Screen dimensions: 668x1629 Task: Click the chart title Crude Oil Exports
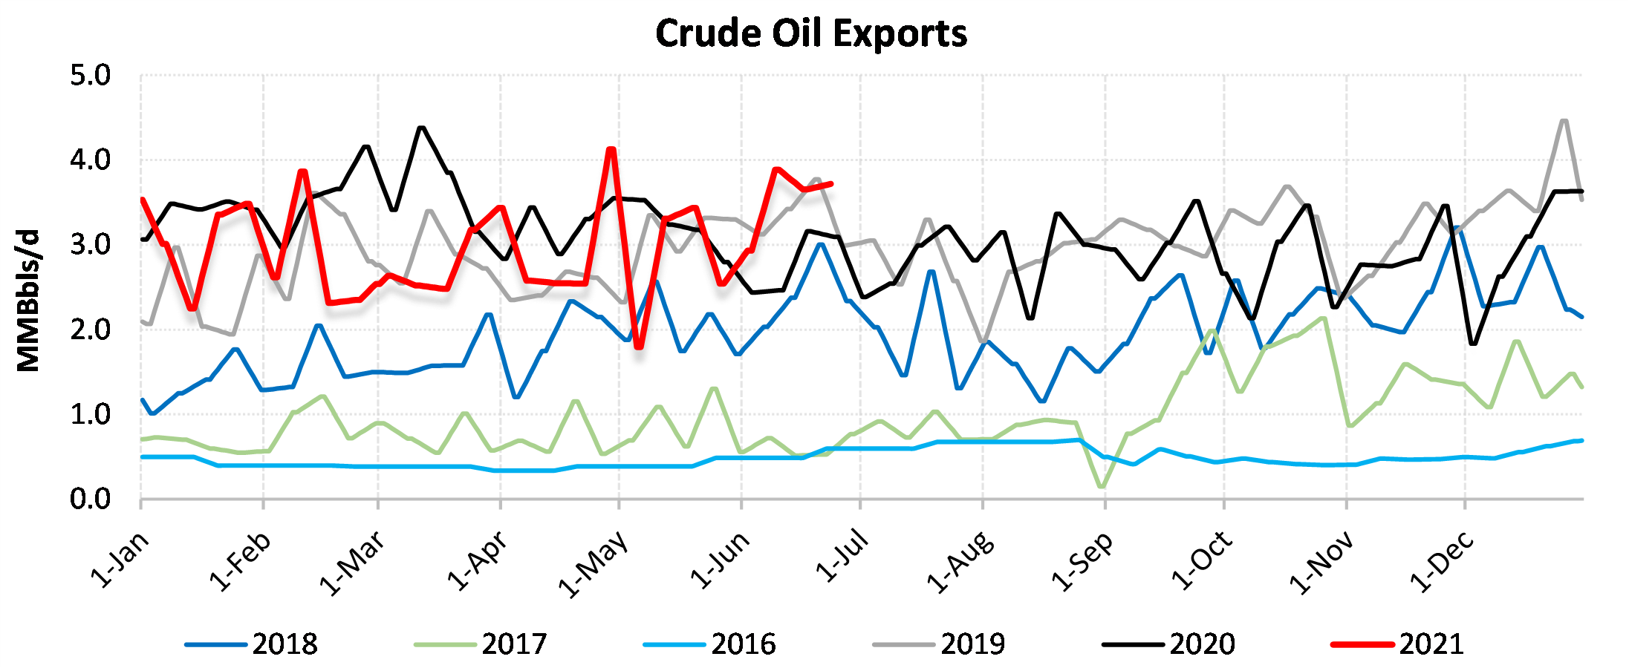[811, 34]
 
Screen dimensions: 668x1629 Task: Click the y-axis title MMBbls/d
[28, 301]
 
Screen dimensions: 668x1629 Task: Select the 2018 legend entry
[253, 644]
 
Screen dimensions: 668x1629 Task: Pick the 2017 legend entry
[481, 644]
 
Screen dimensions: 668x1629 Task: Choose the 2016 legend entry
[711, 644]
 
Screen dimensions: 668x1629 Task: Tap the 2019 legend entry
[940, 644]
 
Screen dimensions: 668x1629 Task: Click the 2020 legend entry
[1170, 644]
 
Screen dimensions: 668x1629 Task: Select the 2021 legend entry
[1399, 644]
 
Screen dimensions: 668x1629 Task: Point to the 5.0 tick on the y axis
[90, 75]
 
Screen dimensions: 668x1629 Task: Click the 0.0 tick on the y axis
[90, 500]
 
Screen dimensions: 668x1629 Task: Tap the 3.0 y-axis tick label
[90, 245]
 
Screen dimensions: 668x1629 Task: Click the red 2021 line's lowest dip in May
[639, 347]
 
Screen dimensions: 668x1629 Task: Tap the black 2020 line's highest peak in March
[422, 128]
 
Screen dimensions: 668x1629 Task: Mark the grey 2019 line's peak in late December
[1564, 121]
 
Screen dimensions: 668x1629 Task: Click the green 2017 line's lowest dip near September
[1101, 487]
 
